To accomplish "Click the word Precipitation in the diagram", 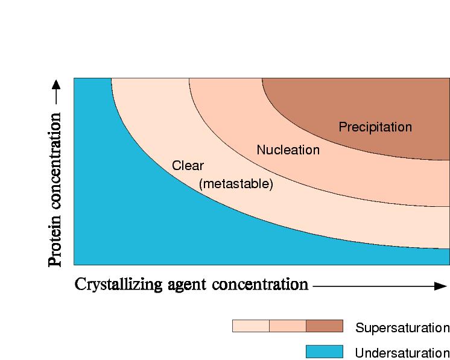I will (x=375, y=127).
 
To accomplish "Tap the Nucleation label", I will (x=288, y=150).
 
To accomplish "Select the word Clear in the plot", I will (x=188, y=166).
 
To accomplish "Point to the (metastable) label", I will (x=236, y=184).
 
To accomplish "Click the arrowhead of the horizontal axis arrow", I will (x=440, y=286).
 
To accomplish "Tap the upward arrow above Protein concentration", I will (x=55, y=89).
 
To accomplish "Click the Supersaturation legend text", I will (x=402, y=328).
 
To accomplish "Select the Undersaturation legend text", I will (x=402, y=353).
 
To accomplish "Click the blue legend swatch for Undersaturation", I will (x=324, y=352).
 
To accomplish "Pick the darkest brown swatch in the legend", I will (x=324, y=326).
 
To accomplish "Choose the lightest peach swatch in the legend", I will (x=250, y=326).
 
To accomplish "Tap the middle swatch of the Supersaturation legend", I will (x=287, y=326).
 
